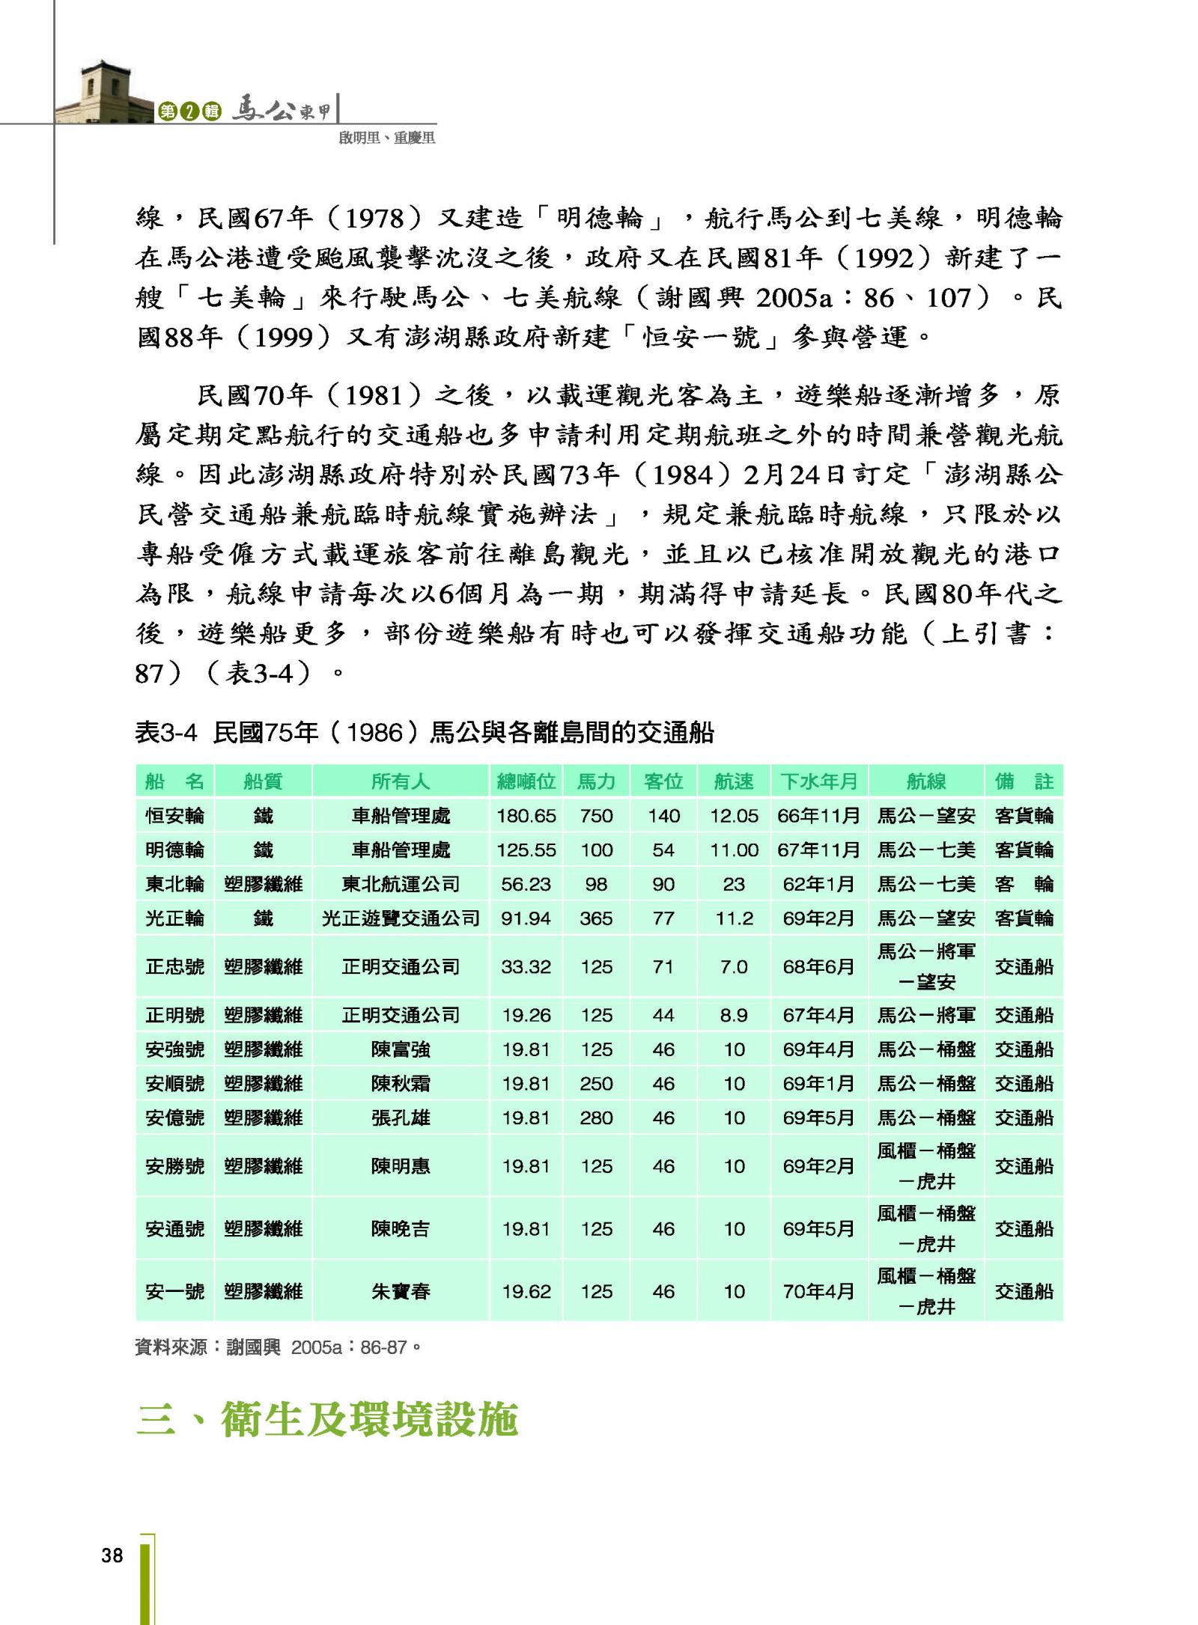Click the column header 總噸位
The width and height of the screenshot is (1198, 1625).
526,781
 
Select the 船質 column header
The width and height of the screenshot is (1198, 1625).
263,781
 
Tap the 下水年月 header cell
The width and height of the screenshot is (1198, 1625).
818,781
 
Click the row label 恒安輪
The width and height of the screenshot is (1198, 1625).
174,815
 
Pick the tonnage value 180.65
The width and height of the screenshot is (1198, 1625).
526,815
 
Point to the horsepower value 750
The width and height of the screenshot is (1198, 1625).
596,815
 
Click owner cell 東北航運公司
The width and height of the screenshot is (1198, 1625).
401,884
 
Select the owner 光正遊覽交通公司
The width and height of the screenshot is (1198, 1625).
401,918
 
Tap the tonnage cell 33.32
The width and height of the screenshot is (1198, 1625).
526,966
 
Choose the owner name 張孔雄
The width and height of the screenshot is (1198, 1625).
401,1118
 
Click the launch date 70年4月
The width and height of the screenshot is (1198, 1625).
818,1291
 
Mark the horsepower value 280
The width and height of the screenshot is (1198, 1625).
596,1118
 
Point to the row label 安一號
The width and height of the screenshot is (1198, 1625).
174,1291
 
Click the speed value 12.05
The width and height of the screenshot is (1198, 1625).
734,815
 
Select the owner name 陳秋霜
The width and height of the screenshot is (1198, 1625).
401,1083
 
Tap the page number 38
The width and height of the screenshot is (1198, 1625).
112,1555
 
